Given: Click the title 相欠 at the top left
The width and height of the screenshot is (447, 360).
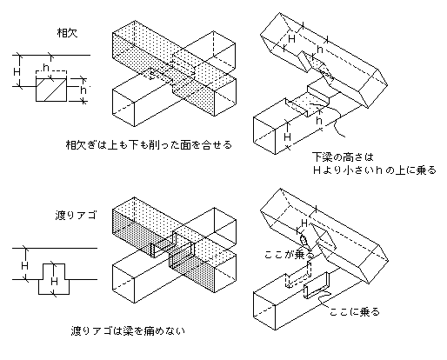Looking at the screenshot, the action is [x=67, y=33].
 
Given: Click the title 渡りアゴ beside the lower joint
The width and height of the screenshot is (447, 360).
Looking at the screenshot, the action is [x=76, y=216].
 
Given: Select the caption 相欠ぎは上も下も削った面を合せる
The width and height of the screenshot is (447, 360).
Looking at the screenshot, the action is [x=149, y=144].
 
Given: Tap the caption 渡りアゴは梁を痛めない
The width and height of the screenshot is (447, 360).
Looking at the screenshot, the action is [x=128, y=330].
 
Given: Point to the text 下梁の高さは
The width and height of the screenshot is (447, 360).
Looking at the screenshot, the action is [x=343, y=157].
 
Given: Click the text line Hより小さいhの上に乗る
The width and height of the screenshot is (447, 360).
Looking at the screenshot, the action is [x=375, y=170].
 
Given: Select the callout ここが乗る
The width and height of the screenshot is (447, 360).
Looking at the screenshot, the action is [x=289, y=255].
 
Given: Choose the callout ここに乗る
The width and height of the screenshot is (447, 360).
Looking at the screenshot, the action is [x=355, y=312].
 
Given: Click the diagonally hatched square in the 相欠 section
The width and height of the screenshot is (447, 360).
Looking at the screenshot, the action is [x=51, y=90].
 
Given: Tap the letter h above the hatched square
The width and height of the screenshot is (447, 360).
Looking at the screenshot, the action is [x=46, y=67].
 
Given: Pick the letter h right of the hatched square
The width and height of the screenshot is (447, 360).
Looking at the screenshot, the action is [x=83, y=90].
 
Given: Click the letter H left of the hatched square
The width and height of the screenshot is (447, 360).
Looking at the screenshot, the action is [x=17, y=71].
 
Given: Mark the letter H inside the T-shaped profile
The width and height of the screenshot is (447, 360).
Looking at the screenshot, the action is [x=54, y=281].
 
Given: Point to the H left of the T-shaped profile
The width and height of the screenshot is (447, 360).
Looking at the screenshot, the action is [x=24, y=265].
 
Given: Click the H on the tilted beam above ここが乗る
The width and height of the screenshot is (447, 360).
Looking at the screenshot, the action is [x=304, y=223].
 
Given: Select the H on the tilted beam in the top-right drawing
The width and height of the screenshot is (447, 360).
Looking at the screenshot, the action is [x=291, y=38].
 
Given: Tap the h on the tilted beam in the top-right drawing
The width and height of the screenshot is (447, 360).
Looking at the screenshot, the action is [x=320, y=50].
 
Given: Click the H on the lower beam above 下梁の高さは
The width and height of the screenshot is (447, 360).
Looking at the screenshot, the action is [x=287, y=136].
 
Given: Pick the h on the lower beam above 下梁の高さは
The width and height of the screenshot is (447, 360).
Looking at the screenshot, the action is [x=319, y=120].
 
